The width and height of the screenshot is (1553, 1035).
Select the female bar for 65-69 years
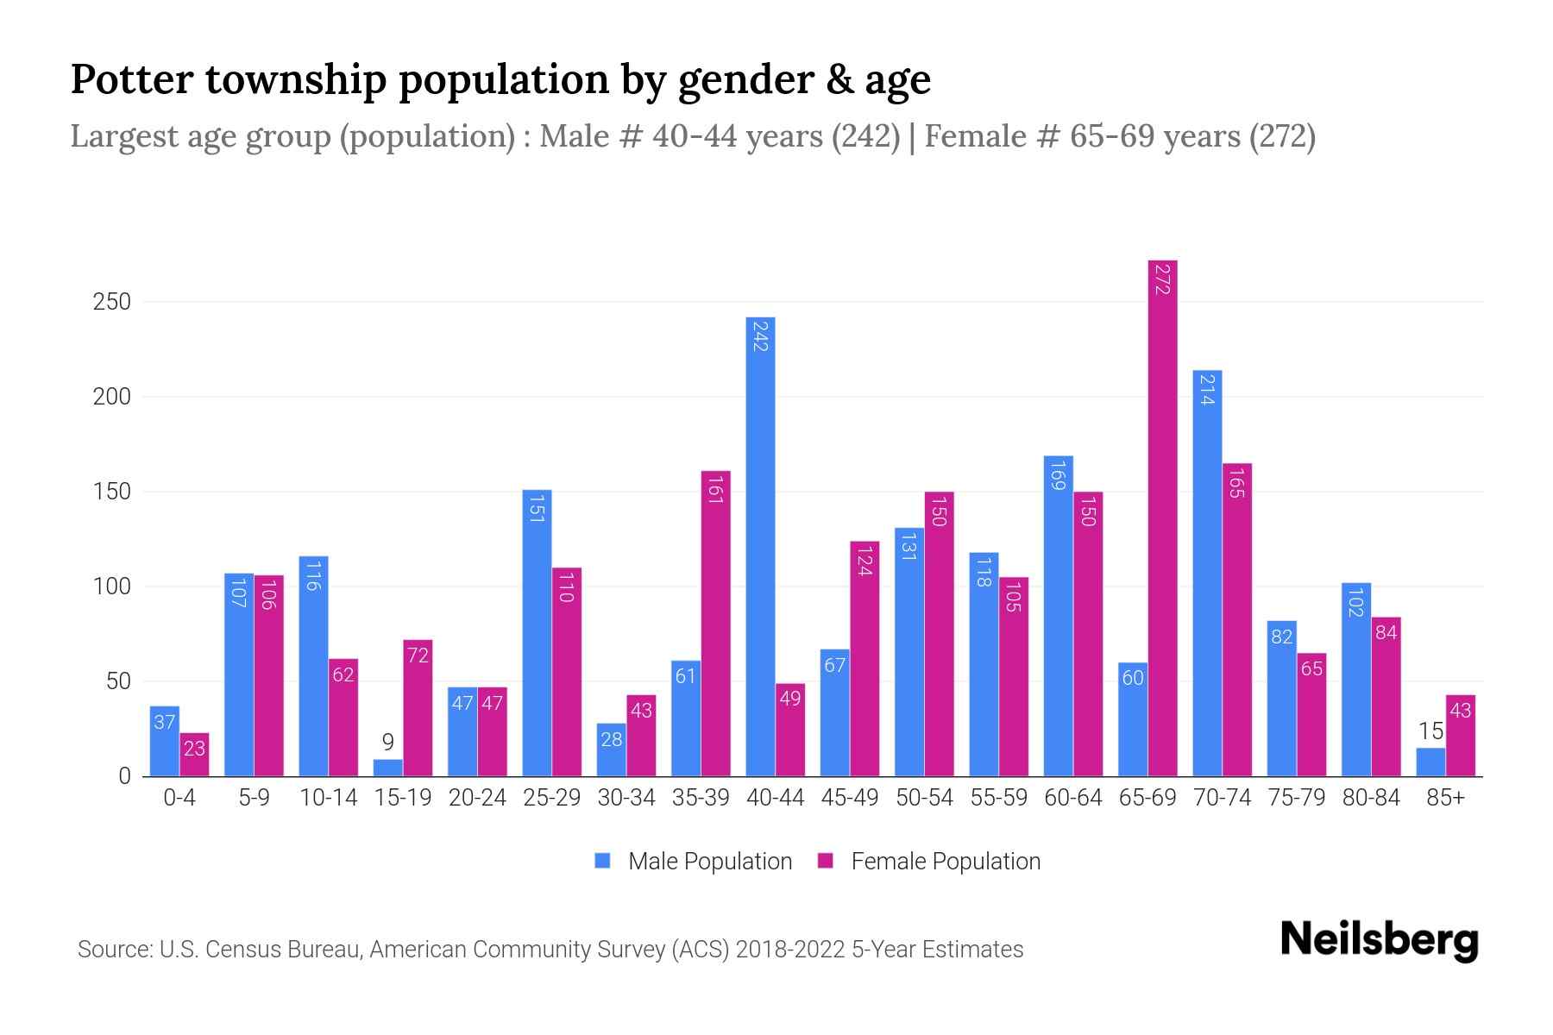(x=1162, y=517)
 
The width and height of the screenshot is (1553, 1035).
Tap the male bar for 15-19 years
(x=387, y=768)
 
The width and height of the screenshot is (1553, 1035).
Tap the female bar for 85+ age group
(x=1460, y=735)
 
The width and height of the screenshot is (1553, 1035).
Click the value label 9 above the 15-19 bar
(x=387, y=743)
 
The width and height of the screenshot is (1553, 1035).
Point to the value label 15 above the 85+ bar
(x=1430, y=731)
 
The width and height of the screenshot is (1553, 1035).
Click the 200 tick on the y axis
(x=112, y=397)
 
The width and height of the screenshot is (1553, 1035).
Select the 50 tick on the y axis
(x=118, y=681)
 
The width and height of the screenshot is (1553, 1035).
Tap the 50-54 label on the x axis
(x=924, y=798)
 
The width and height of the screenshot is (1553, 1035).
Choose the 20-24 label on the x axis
(x=477, y=798)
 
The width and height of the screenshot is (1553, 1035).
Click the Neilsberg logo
(x=1379, y=940)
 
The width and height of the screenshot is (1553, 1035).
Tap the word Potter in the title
(x=132, y=79)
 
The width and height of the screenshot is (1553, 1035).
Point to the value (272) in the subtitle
(x=1282, y=136)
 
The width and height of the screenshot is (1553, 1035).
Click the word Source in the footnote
(x=113, y=950)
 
